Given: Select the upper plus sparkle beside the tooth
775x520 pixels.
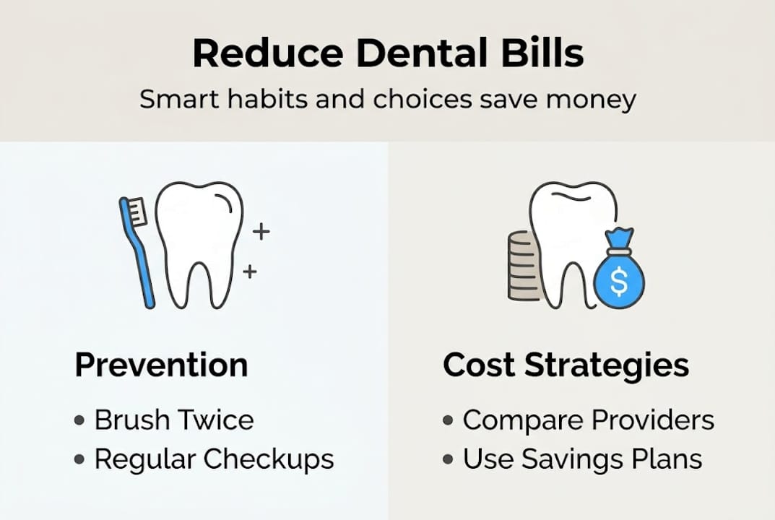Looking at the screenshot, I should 261,232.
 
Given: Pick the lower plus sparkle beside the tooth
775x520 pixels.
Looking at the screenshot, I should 250,272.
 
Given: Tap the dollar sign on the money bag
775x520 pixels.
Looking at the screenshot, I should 618,282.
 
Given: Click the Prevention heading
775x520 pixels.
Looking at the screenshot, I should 161,365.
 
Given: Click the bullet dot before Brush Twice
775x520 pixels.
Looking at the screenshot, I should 79,420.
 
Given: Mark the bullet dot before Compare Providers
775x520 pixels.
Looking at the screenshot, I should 449,420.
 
